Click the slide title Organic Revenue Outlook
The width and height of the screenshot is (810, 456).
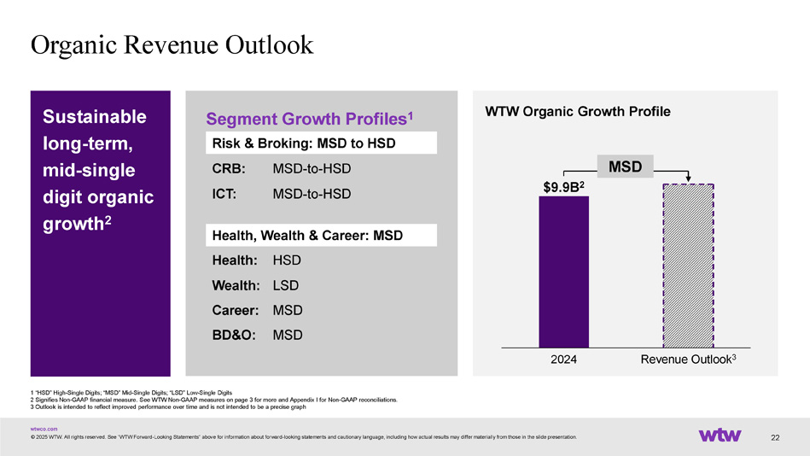pos(172,44)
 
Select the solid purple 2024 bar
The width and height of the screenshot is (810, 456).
pos(563,272)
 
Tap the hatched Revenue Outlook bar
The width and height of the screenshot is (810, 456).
pos(688,266)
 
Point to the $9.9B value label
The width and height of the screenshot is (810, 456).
pos(563,186)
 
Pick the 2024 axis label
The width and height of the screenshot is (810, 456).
pos(563,360)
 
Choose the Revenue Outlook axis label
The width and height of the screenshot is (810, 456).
pos(688,360)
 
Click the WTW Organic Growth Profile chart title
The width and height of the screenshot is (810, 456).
pos(577,112)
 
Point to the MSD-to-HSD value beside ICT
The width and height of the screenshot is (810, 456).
pos(312,195)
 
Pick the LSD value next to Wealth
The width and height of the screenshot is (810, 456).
pos(287,284)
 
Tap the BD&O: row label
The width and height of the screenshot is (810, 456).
pos(233,335)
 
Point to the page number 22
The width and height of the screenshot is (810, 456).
pos(775,438)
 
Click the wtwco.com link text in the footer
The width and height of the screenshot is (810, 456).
pos(44,428)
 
